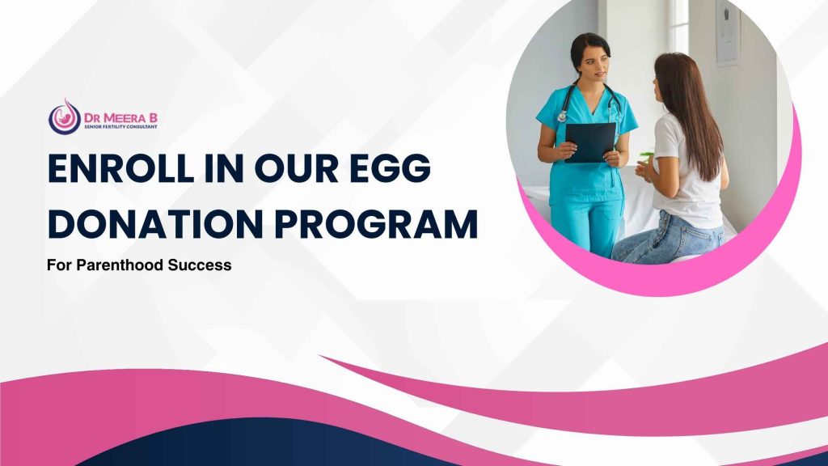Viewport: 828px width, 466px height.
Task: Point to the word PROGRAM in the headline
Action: pyautogui.click(x=376, y=223)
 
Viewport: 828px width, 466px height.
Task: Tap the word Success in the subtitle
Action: pyautogui.click(x=200, y=265)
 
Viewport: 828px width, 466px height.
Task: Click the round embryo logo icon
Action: pyautogui.click(x=65, y=117)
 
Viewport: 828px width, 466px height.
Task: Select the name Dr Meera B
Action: pyautogui.click(x=121, y=117)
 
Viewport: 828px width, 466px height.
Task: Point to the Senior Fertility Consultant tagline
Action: pyautogui.click(x=121, y=127)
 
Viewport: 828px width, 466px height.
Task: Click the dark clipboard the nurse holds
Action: pyautogui.click(x=590, y=142)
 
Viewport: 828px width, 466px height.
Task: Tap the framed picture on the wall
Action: pyautogui.click(x=728, y=32)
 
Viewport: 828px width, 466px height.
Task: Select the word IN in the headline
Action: pyautogui.click(x=224, y=168)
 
